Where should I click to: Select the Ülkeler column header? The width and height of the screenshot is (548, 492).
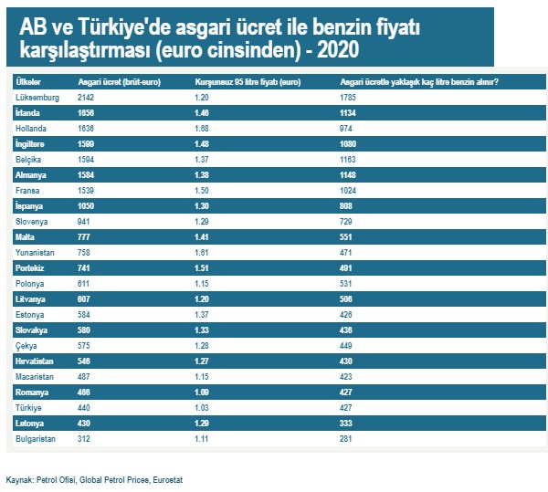pos(28,82)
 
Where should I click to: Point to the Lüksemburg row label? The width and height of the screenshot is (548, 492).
pos(37,97)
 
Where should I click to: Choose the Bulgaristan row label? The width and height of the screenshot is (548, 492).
pos(37,439)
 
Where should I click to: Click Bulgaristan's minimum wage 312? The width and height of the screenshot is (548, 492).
pos(86,439)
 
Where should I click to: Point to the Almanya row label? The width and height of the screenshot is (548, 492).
pos(32,174)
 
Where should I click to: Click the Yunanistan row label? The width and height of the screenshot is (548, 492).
pos(37,253)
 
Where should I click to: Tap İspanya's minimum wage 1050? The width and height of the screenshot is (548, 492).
pos(89,205)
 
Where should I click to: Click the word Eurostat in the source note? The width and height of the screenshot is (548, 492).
pos(166,479)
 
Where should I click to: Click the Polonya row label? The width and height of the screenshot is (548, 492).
pos(32,284)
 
